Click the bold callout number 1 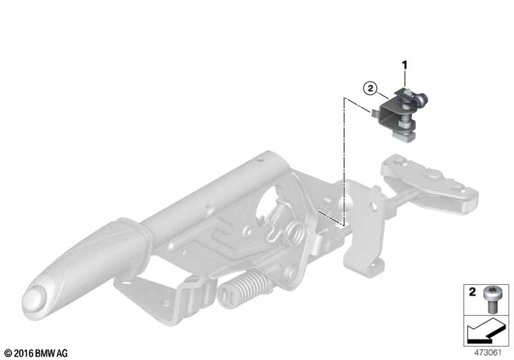405,66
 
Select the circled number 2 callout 371,88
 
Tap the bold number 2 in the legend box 472,292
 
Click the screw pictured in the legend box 492,300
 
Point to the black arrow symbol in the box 486,332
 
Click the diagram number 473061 488,353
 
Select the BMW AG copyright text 36,354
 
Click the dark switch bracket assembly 399,115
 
